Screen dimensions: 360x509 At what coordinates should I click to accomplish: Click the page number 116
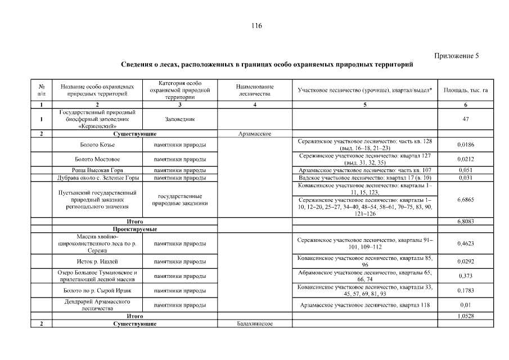tap(257, 26)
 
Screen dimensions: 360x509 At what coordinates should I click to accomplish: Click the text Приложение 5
tap(457, 55)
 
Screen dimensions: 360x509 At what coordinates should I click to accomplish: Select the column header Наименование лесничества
tap(255, 90)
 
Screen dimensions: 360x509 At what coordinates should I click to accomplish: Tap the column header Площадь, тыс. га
tap(465, 90)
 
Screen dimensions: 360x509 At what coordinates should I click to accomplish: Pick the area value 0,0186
tap(465, 145)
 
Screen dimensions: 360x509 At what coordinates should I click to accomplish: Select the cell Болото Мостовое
tap(97, 159)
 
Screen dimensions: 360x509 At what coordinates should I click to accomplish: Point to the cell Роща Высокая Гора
tap(97, 170)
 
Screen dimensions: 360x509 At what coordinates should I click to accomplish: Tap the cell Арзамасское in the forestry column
tap(255, 134)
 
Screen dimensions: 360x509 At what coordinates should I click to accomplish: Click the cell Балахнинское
tap(255, 325)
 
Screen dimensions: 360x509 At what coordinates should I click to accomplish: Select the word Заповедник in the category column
tap(180, 119)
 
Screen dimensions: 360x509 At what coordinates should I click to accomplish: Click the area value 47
tap(465, 119)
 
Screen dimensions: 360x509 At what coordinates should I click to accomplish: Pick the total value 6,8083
tap(465, 222)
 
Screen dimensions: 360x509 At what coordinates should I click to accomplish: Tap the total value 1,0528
tap(465, 317)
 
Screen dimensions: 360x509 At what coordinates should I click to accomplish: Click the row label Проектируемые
tap(134, 229)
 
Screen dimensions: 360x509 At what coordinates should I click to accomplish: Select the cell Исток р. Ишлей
tap(97, 262)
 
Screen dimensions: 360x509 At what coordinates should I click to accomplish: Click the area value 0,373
tap(465, 276)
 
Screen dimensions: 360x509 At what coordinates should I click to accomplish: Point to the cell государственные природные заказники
tap(180, 199)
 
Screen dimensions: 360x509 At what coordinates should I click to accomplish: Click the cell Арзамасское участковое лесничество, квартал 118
tap(364, 305)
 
